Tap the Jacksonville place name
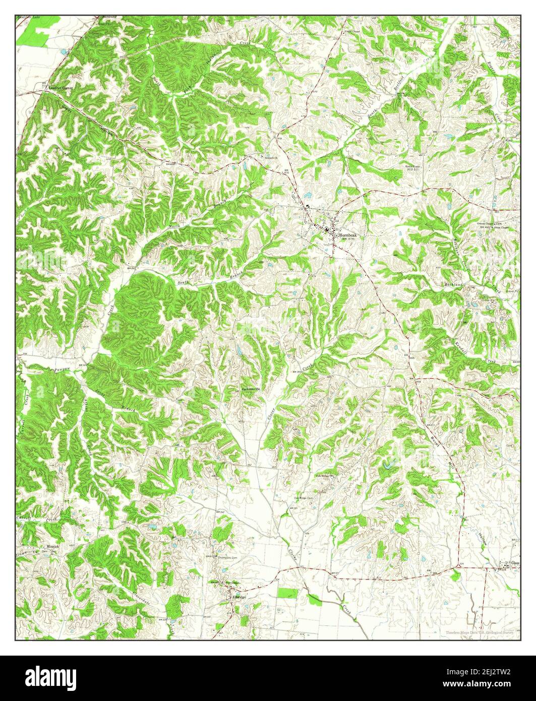click(x=251, y=389)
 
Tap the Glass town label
click(x=515, y=563)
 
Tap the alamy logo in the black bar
click(x=52, y=676)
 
